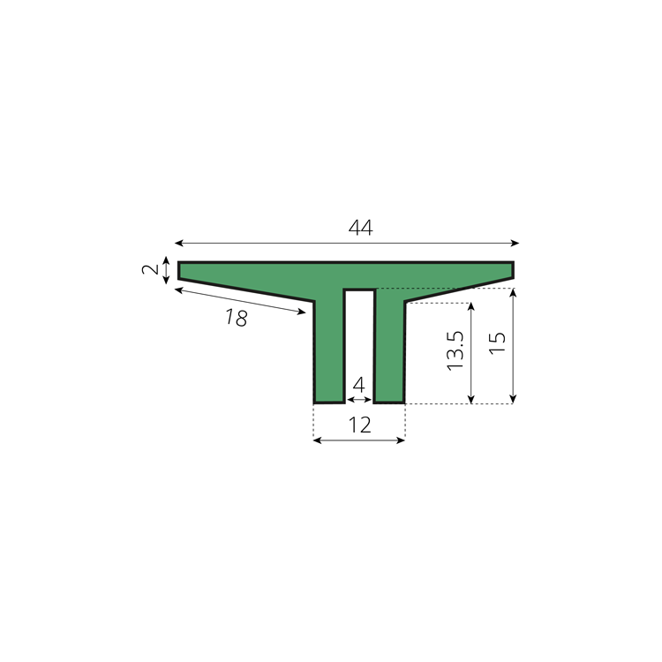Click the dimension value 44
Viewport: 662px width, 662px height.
tap(360, 228)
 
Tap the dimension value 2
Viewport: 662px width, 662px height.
tap(150, 269)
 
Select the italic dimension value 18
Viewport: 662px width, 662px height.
tap(237, 318)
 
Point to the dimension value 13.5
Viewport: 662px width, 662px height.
tap(455, 350)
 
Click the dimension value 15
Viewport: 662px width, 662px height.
tap(497, 342)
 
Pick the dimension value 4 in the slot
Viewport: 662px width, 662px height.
tap(358, 385)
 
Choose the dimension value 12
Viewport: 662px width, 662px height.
tap(360, 425)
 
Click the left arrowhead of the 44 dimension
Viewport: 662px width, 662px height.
tap(178, 243)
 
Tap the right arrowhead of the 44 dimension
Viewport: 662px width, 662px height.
tap(515, 243)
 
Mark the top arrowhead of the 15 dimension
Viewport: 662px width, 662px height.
tap(513, 292)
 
